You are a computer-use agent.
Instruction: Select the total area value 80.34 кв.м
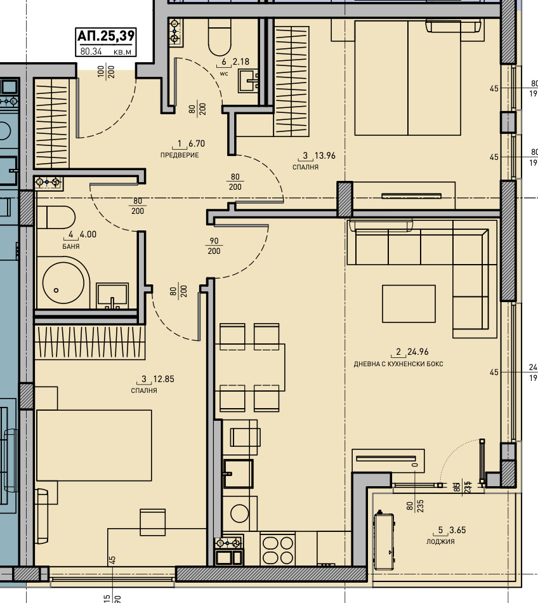(106, 52)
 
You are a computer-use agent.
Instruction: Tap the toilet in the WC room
(220, 37)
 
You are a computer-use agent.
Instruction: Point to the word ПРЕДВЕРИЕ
(180, 155)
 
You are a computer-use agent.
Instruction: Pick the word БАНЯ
(71, 246)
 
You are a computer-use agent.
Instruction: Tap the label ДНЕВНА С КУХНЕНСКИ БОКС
(398, 364)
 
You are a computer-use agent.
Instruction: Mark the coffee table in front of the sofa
(409, 303)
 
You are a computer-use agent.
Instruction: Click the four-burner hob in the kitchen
(278, 549)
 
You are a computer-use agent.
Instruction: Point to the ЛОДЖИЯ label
(440, 541)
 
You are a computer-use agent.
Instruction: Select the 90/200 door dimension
(214, 246)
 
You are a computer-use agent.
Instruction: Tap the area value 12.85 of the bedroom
(163, 379)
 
